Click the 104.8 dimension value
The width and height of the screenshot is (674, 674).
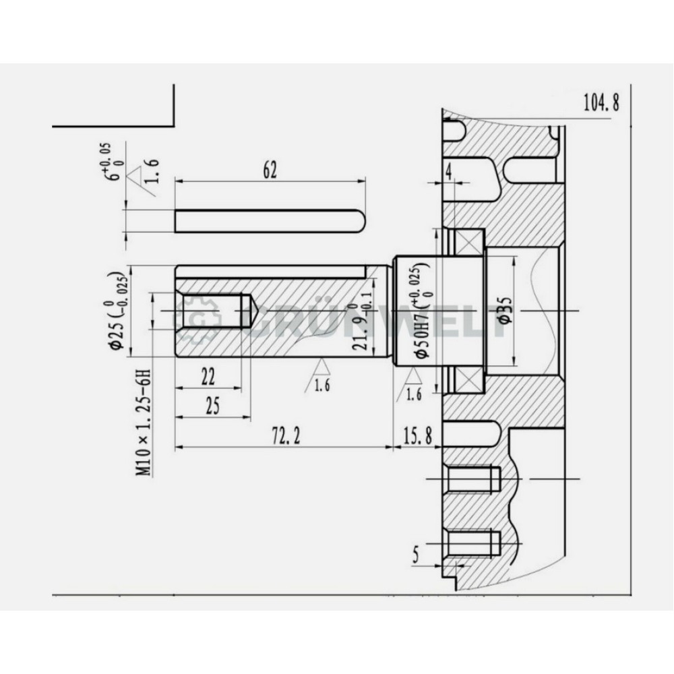[x=601, y=102]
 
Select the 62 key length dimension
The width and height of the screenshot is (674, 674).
[x=270, y=171]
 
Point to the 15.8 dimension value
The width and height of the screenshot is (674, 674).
[x=416, y=436]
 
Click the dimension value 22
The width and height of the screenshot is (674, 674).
[x=208, y=377]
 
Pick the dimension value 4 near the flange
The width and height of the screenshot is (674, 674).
[x=449, y=172]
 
